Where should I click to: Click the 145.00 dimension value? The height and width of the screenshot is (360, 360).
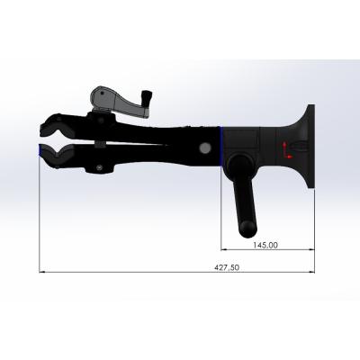(265, 245)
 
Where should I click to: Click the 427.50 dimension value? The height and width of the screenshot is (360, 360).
(227, 267)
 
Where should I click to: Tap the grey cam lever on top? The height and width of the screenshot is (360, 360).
(119, 102)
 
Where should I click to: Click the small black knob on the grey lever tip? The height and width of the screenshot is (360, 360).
(148, 96)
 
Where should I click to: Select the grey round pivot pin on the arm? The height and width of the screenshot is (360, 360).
(205, 147)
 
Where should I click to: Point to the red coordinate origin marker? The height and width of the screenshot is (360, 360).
(286, 150)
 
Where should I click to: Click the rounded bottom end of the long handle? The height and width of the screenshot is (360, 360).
(247, 229)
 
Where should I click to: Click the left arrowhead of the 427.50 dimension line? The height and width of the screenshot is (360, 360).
(42, 272)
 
